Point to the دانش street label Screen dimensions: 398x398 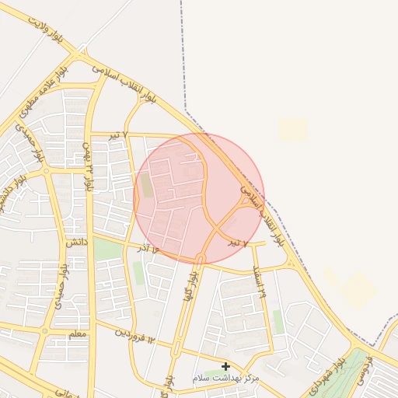tap(75, 243)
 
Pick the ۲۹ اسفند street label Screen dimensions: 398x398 tap(259, 280)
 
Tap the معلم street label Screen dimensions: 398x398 tap(78, 333)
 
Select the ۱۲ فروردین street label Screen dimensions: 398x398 tap(136, 336)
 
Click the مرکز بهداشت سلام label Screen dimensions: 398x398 tap(225, 377)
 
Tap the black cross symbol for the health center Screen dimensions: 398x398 tap(225, 366)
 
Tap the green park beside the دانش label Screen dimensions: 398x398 tap(107, 250)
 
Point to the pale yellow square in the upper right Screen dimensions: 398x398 tap(293, 129)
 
